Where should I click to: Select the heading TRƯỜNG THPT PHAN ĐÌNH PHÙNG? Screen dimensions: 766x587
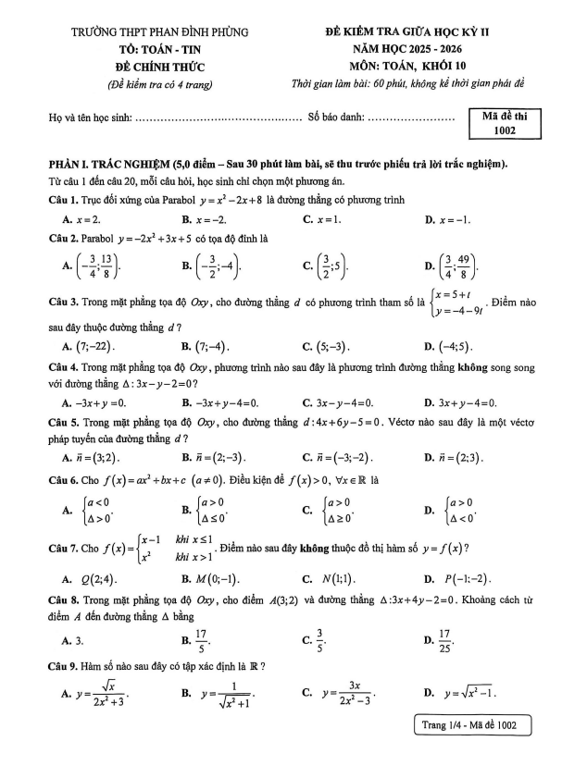pyautogui.click(x=160, y=32)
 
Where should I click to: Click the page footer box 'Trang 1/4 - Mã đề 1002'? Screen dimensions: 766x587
pyautogui.click(x=472, y=726)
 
